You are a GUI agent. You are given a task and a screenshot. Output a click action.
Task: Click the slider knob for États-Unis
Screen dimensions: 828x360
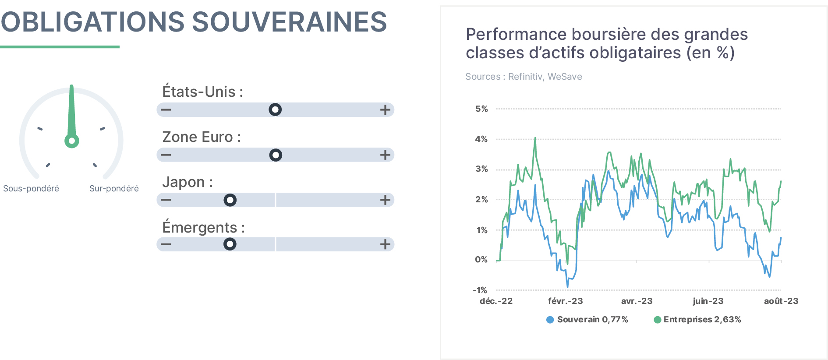pyautogui.click(x=275, y=109)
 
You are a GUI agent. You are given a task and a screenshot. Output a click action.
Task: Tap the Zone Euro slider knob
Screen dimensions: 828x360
pyautogui.click(x=276, y=155)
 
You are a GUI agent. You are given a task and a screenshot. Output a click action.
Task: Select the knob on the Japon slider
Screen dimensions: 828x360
pyautogui.click(x=230, y=200)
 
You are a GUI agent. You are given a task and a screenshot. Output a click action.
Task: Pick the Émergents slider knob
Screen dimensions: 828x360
pyautogui.click(x=230, y=244)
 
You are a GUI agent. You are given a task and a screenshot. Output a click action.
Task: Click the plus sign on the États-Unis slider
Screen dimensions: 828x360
pyautogui.click(x=385, y=109)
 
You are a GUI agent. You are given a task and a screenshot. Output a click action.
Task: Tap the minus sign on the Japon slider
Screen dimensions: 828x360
pyautogui.click(x=166, y=200)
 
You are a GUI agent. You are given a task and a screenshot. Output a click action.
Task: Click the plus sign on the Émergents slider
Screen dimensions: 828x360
pyautogui.click(x=385, y=244)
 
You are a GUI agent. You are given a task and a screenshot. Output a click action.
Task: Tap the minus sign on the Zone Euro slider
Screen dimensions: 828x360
pyautogui.click(x=166, y=155)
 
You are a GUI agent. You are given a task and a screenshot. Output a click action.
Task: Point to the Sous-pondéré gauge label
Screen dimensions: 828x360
pyautogui.click(x=31, y=188)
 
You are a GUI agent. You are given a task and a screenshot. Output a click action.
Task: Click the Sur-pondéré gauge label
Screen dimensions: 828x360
pyautogui.click(x=114, y=188)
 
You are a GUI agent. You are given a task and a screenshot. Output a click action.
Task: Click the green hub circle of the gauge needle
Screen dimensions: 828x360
pyautogui.click(x=72, y=141)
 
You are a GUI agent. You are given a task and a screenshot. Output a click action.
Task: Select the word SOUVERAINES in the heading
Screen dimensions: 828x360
pyautogui.click(x=290, y=22)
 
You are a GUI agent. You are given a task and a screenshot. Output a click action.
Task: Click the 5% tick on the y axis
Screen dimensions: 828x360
pyautogui.click(x=481, y=109)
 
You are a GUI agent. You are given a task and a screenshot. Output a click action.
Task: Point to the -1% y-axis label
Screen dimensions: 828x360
pyautogui.click(x=480, y=290)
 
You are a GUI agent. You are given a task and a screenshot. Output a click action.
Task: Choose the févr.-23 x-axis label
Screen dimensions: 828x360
pyautogui.click(x=566, y=301)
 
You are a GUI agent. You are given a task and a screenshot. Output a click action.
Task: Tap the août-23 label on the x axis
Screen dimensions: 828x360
pyautogui.click(x=781, y=301)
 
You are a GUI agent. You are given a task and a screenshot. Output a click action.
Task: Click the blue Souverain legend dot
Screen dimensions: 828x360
pyautogui.click(x=550, y=320)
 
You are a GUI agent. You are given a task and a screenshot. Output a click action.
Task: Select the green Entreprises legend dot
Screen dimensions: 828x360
pyautogui.click(x=657, y=320)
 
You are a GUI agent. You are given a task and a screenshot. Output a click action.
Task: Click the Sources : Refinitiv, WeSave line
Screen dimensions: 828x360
pyautogui.click(x=524, y=77)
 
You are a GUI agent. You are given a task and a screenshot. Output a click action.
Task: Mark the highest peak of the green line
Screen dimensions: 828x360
pyautogui.click(x=535, y=138)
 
